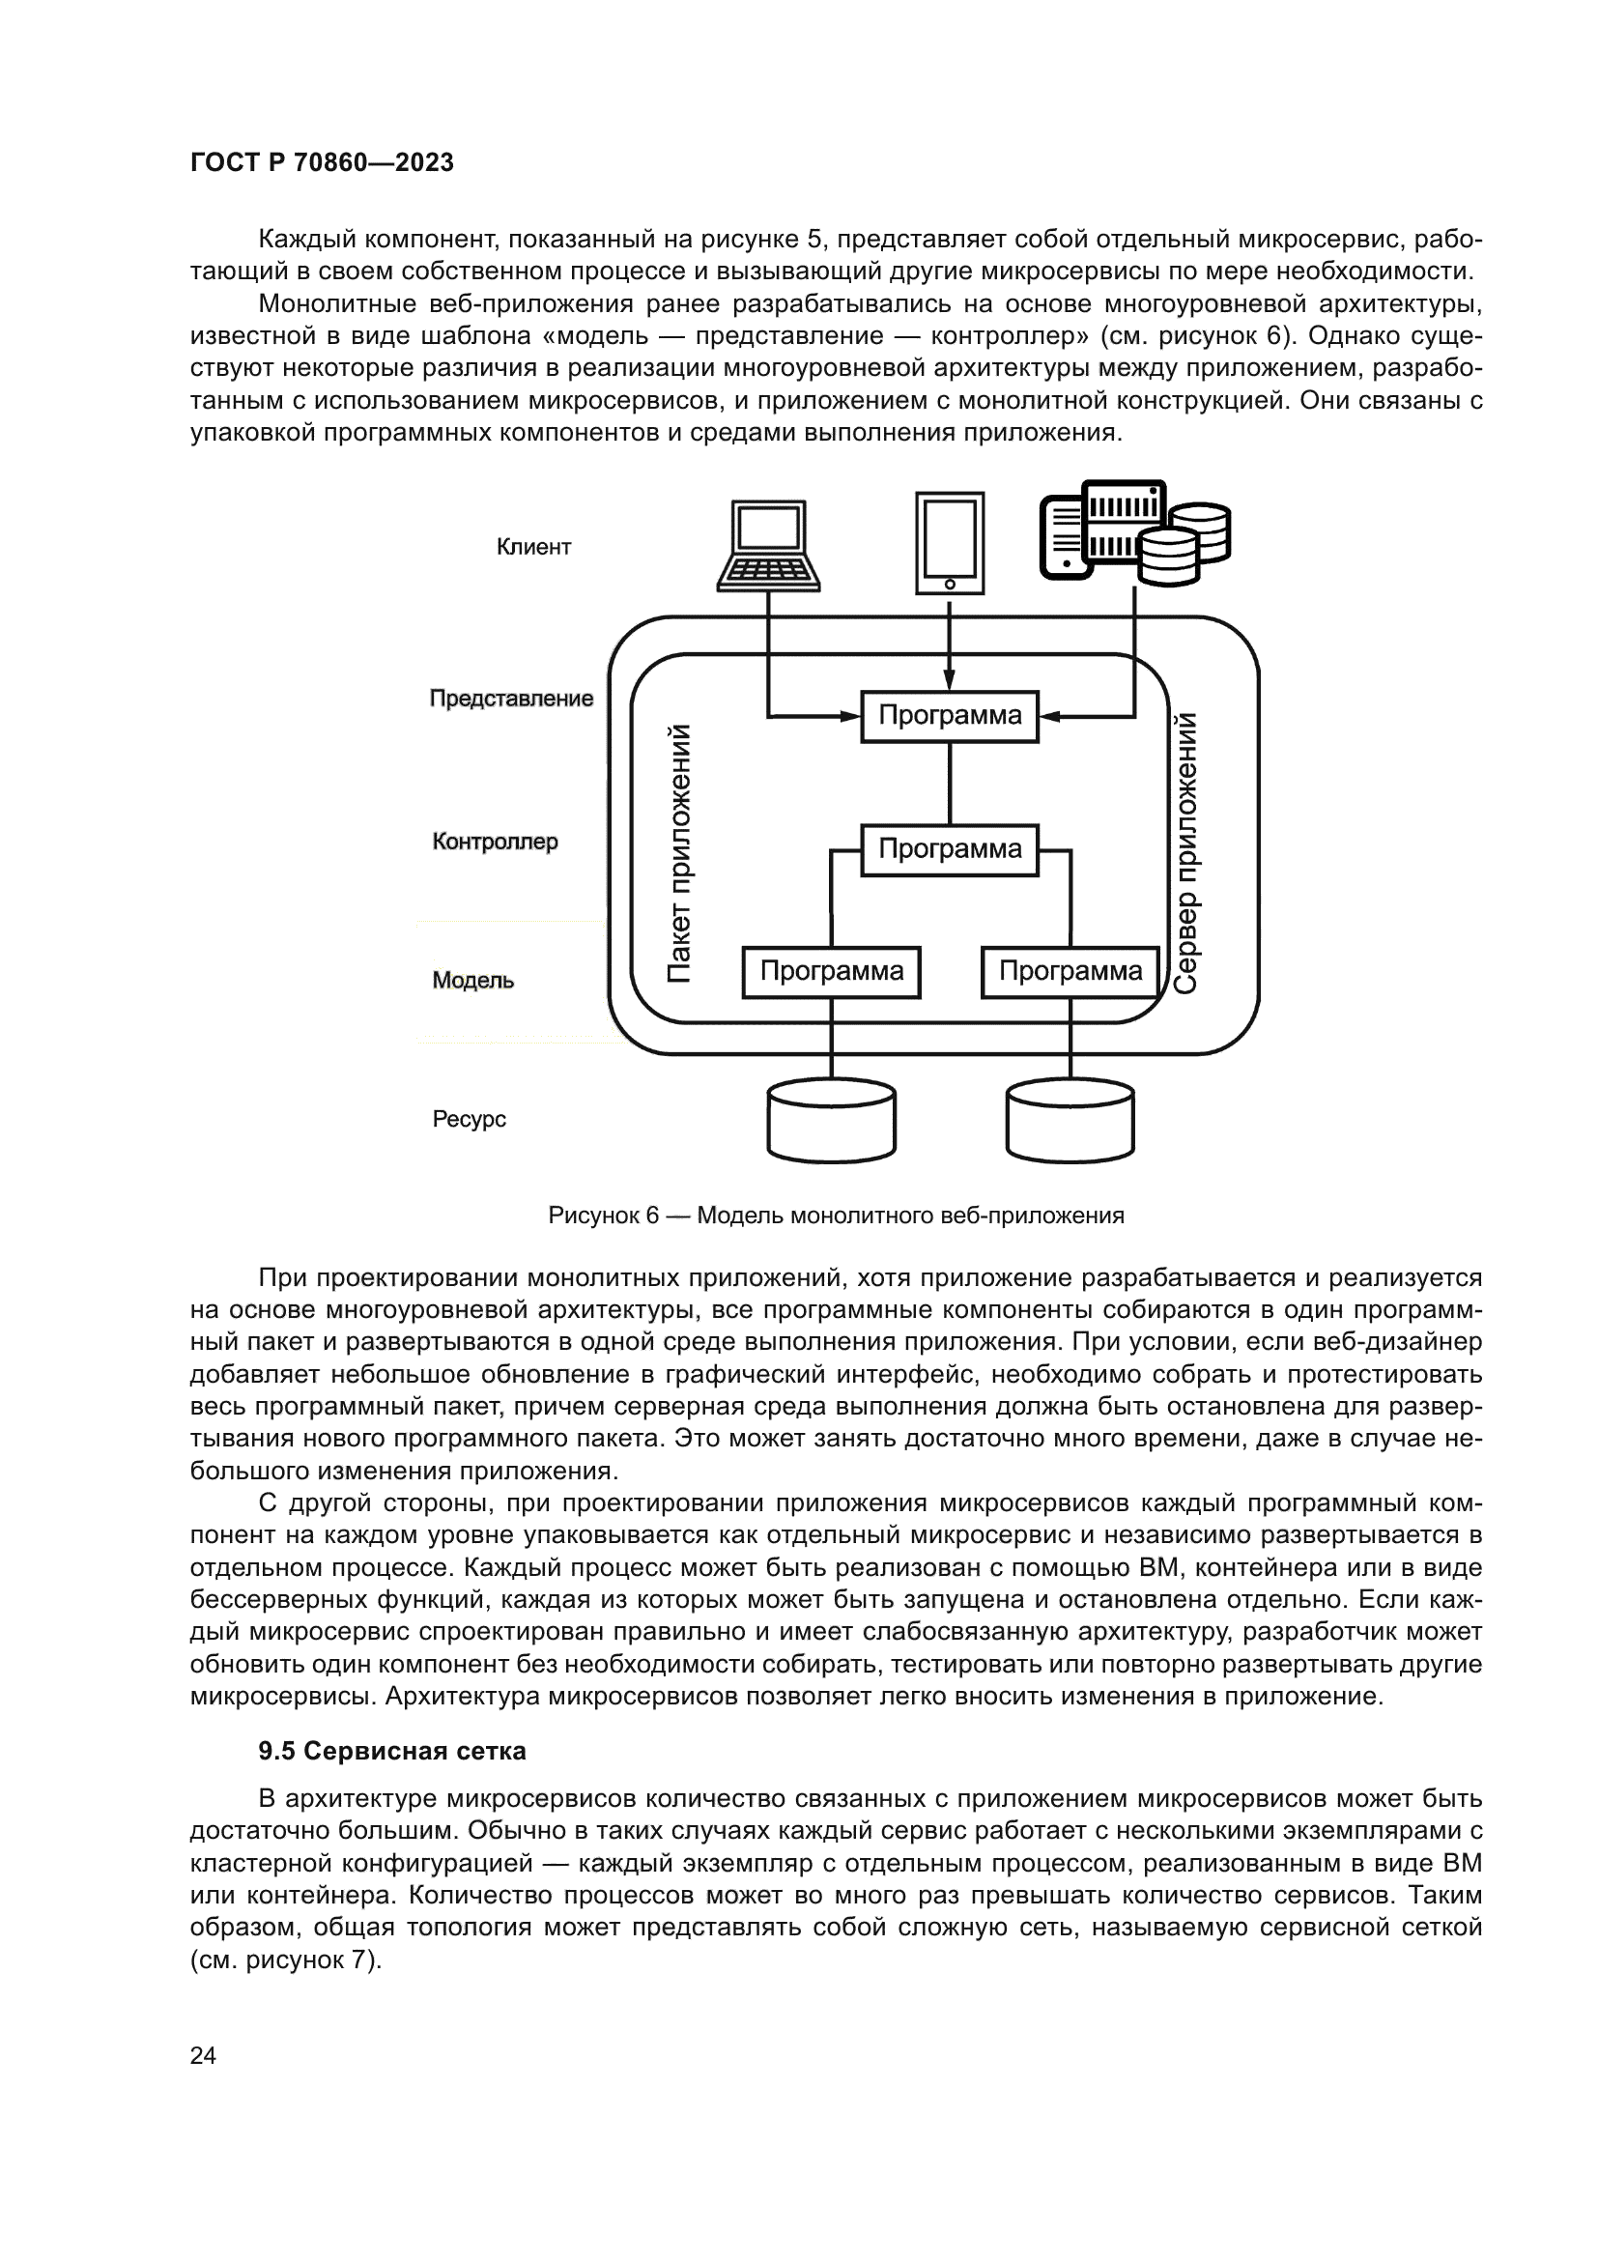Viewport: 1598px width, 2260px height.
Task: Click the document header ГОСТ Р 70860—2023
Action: [x=322, y=162]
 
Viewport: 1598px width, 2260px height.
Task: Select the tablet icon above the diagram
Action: [x=950, y=543]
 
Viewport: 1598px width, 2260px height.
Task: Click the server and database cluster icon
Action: [x=1134, y=532]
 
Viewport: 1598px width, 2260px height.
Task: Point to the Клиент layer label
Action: [x=533, y=547]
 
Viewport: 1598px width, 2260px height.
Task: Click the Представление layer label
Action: [x=511, y=699]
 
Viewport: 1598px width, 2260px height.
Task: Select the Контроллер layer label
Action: [x=495, y=842]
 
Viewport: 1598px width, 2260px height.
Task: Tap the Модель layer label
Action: [x=473, y=981]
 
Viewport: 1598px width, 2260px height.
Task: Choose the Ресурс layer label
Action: [x=470, y=1119]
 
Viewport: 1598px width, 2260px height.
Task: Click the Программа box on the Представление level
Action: [x=950, y=716]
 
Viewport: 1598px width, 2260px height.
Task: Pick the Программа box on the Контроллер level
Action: [x=950, y=849]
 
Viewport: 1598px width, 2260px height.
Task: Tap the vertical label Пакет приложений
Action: [x=679, y=853]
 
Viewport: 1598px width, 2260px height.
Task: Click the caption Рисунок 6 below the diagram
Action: [x=836, y=1216]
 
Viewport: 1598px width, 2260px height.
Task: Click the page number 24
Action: [x=203, y=2055]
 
